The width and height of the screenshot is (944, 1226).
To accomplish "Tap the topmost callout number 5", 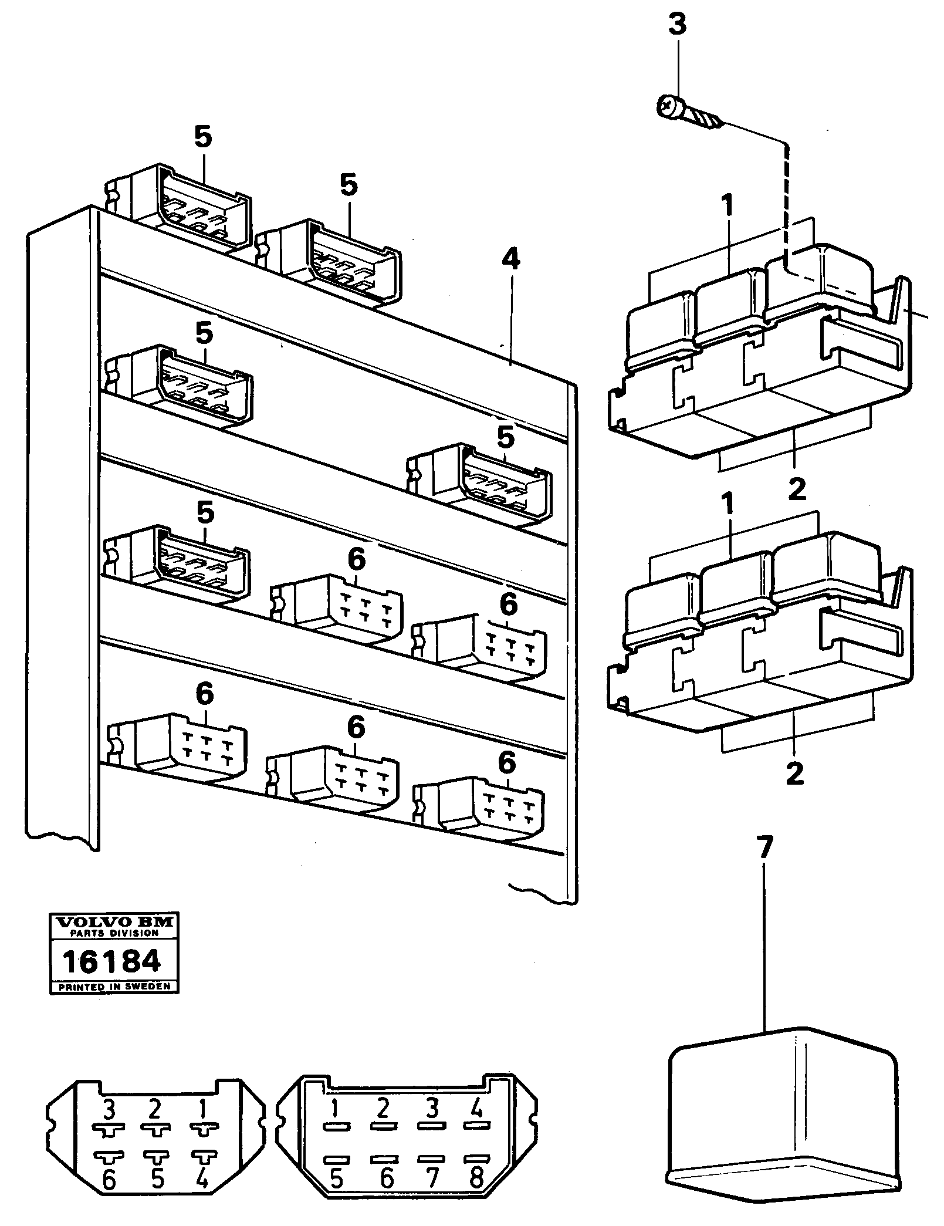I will pos(203,139).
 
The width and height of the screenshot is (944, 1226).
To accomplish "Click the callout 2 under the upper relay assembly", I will pos(797,489).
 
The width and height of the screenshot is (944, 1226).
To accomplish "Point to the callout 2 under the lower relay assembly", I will pos(795,774).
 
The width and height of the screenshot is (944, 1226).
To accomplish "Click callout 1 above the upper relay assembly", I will pos(728,207).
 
